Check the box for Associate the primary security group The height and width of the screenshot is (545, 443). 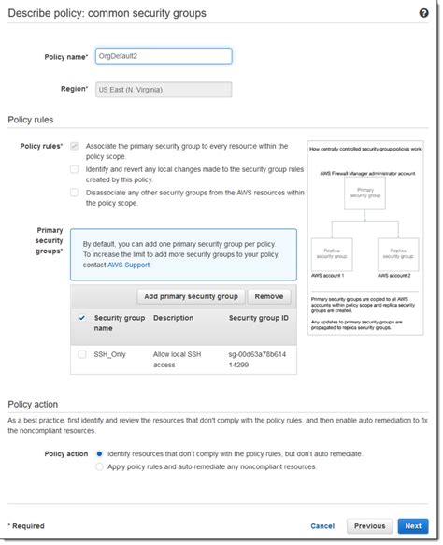(x=75, y=147)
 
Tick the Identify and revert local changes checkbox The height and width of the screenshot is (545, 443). (x=75, y=169)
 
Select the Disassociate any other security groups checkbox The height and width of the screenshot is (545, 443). (x=75, y=193)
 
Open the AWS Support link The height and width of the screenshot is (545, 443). (x=127, y=265)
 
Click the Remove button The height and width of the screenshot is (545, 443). (x=268, y=296)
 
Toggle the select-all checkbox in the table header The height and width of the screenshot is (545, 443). (x=82, y=318)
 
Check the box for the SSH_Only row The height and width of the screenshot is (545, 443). (x=82, y=354)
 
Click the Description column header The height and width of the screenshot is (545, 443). (x=173, y=318)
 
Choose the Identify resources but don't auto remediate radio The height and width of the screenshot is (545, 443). (x=99, y=453)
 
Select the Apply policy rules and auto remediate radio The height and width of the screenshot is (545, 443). (x=99, y=466)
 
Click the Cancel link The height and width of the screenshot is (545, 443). (x=322, y=526)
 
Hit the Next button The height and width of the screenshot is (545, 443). (x=412, y=526)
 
